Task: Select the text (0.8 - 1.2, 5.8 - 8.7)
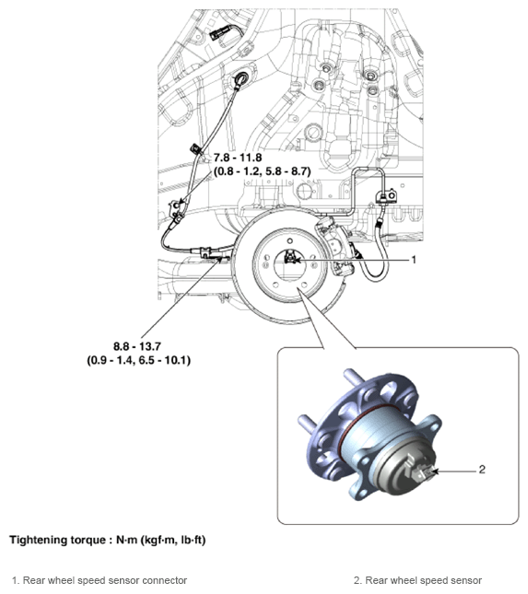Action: (x=267, y=171)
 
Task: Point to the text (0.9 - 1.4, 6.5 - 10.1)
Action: (x=133, y=359)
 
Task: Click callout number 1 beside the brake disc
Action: (x=414, y=260)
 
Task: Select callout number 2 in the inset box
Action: (x=481, y=469)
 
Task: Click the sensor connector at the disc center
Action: (x=291, y=259)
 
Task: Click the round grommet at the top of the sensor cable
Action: (x=244, y=80)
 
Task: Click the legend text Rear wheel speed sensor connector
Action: (x=105, y=580)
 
